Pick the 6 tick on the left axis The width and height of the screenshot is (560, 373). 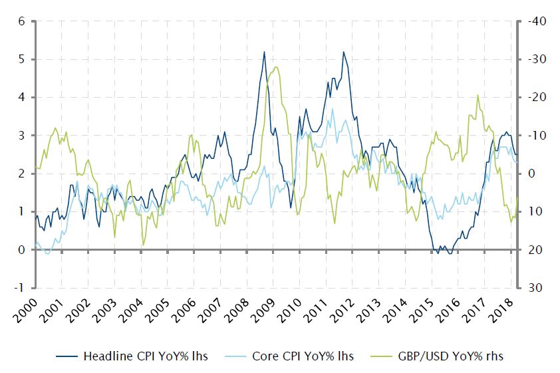(x=21, y=21)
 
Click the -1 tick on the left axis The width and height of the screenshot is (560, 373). (x=20, y=288)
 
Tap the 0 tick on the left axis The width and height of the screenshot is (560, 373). (x=21, y=250)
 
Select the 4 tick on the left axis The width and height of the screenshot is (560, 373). (x=21, y=97)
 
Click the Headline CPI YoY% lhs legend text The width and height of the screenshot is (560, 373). (x=145, y=356)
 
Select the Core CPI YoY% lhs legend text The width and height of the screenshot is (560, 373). (x=303, y=356)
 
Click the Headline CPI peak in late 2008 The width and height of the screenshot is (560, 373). (x=264, y=52)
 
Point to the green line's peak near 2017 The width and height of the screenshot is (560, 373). (x=478, y=95)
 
